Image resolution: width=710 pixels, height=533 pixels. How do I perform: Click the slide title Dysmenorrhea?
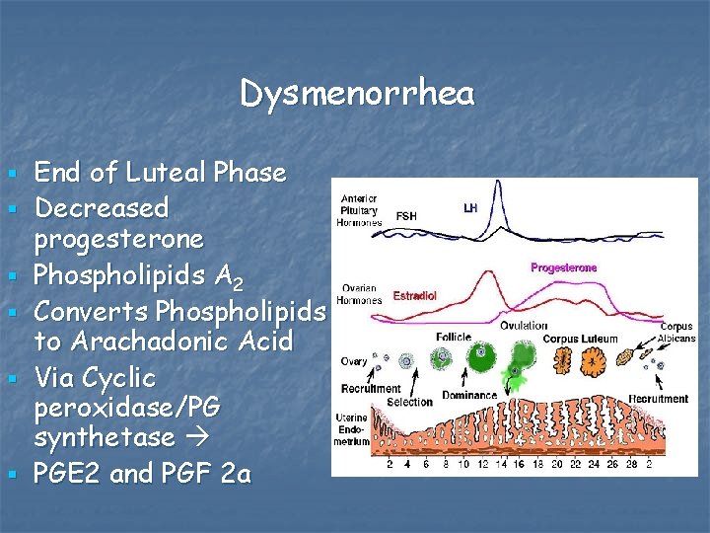(x=356, y=94)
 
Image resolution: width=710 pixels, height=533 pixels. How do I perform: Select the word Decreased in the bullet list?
(x=101, y=207)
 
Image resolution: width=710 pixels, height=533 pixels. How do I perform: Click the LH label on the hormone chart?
(x=470, y=208)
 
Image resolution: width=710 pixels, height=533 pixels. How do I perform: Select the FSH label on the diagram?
(x=405, y=216)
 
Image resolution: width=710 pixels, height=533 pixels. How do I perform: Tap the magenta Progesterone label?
(x=563, y=267)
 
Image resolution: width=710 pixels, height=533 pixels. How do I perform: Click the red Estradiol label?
(x=414, y=295)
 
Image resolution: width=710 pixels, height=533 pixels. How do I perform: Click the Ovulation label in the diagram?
(x=524, y=326)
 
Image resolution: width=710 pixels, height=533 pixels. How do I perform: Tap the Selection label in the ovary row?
(x=410, y=402)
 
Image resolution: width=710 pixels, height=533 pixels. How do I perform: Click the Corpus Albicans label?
(x=676, y=332)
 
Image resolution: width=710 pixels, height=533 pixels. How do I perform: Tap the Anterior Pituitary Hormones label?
(x=360, y=209)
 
